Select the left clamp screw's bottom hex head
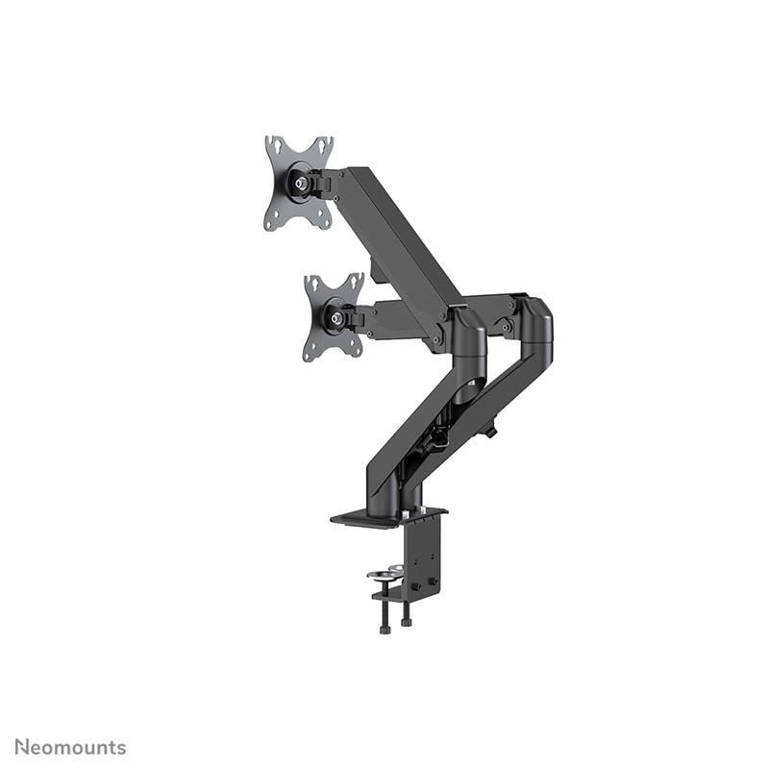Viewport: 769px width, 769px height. click(x=384, y=629)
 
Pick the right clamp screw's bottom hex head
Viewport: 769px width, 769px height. click(x=407, y=622)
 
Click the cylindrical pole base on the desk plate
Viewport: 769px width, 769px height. click(x=408, y=490)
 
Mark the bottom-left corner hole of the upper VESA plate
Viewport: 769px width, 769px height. click(x=272, y=223)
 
